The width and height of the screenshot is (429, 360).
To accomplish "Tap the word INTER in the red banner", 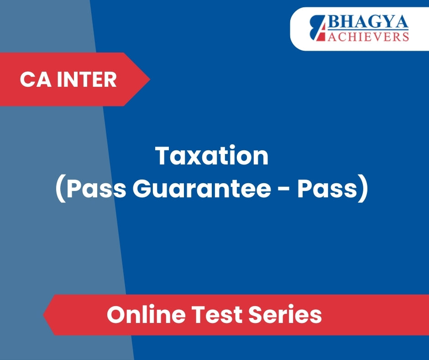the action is (x=87, y=79).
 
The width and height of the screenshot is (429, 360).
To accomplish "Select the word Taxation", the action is (x=212, y=156).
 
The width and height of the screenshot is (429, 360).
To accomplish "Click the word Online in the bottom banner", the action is (x=146, y=314).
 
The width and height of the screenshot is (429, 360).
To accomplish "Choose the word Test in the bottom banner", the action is (x=217, y=314).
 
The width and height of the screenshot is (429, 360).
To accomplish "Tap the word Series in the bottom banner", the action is (x=285, y=314).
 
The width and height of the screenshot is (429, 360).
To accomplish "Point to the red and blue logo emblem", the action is (x=318, y=28).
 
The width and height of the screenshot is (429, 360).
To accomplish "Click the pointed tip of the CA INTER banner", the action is (x=150, y=79).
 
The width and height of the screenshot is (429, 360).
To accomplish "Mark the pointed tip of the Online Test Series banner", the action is (x=44, y=315).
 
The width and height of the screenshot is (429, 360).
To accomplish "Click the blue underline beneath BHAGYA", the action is (x=368, y=30).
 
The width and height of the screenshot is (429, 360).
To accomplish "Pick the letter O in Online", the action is (x=116, y=314).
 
